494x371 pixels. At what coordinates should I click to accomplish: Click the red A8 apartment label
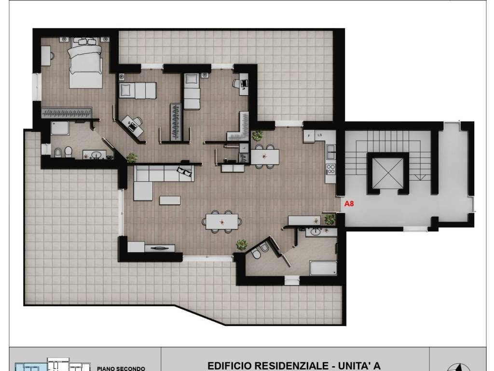[349, 203]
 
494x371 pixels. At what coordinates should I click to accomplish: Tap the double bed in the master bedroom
[86, 63]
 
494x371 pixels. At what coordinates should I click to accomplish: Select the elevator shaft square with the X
[387, 173]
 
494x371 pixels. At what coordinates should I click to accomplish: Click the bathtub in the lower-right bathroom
[323, 268]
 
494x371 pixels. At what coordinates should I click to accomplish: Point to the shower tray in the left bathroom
[60, 128]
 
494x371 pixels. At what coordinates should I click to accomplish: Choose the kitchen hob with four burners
[330, 169]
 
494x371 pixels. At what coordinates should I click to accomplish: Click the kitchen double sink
[330, 152]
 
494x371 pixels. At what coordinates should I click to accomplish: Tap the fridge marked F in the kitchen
[309, 136]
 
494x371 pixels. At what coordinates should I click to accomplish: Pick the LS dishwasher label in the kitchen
[320, 135]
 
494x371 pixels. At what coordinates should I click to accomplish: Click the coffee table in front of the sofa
[170, 200]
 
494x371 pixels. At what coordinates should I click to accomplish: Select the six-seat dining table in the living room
[222, 222]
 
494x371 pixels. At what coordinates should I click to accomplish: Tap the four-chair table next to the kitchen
[265, 157]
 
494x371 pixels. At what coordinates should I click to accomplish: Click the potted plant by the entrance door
[329, 219]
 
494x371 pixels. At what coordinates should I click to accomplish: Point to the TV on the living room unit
[159, 248]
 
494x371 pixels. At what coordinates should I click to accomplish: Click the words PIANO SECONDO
[121, 368]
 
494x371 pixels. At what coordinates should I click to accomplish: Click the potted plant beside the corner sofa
[132, 157]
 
